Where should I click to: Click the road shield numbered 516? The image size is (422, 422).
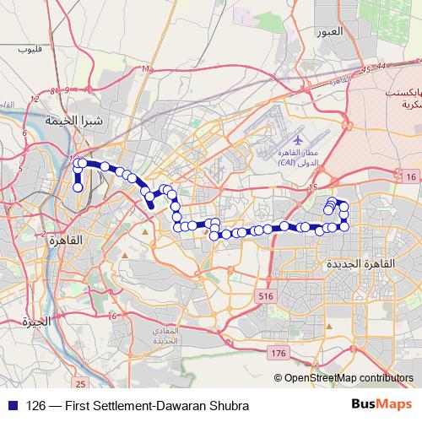pos(267,296)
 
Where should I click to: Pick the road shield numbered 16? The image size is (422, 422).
pos(410,176)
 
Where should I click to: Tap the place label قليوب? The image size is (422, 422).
pos(30,51)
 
